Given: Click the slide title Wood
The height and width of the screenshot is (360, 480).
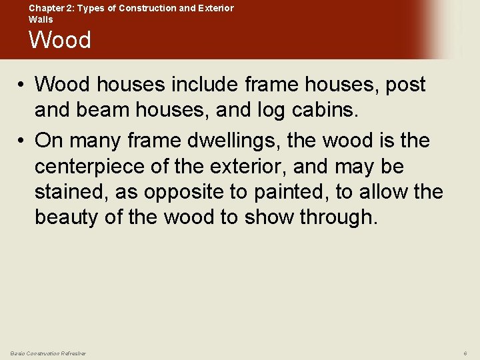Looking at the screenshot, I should [x=60, y=40].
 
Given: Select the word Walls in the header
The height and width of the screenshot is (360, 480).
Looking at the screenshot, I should [x=41, y=19].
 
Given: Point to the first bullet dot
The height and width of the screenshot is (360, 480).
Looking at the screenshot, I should [x=22, y=85].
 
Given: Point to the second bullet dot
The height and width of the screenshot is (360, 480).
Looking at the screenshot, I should [x=22, y=141].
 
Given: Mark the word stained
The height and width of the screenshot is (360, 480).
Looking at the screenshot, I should [x=71, y=192].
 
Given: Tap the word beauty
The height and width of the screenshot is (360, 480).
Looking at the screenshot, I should [x=71, y=217].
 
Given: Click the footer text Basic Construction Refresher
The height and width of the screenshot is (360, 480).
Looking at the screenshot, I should [x=48, y=353].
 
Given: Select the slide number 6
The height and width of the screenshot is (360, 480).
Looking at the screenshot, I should [x=465, y=353].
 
